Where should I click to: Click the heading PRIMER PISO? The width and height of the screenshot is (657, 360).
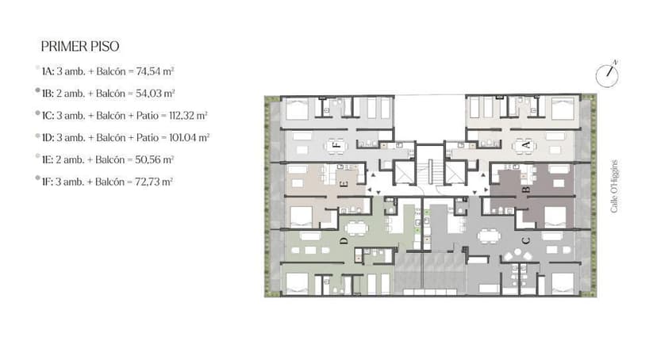[80, 46]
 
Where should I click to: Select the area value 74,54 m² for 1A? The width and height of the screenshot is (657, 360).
[155, 71]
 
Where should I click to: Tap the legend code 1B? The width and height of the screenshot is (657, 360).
[48, 94]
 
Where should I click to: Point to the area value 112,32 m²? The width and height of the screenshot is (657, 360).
[189, 116]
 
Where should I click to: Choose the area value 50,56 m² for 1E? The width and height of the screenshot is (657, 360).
[154, 160]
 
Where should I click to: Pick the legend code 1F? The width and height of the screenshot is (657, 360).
[48, 182]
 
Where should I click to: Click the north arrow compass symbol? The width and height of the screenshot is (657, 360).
[607, 75]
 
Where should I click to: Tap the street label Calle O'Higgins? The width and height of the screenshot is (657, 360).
[614, 186]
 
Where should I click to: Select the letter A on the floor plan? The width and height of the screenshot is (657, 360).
[526, 146]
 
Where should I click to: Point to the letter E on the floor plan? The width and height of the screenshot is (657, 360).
[343, 183]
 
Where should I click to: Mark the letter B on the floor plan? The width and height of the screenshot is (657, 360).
[526, 190]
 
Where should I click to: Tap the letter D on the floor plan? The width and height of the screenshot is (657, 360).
[344, 241]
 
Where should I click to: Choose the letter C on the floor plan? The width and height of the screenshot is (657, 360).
[526, 241]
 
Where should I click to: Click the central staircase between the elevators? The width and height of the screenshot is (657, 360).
[429, 170]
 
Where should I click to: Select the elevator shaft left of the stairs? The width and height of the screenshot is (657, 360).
[404, 172]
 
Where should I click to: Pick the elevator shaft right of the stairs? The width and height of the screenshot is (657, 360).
[455, 172]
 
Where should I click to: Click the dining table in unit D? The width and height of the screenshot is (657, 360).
[356, 228]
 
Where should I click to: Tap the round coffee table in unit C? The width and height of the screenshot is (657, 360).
[518, 252]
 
